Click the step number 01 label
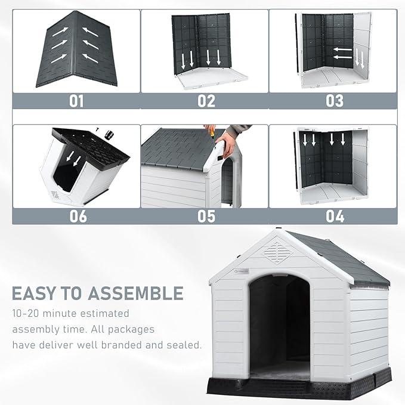[76, 101]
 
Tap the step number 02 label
[206, 101]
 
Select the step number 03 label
[334, 101]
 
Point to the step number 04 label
[334, 216]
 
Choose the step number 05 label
[206, 216]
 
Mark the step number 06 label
[78, 216]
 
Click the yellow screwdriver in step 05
[209, 131]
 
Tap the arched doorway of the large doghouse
[279, 325]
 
